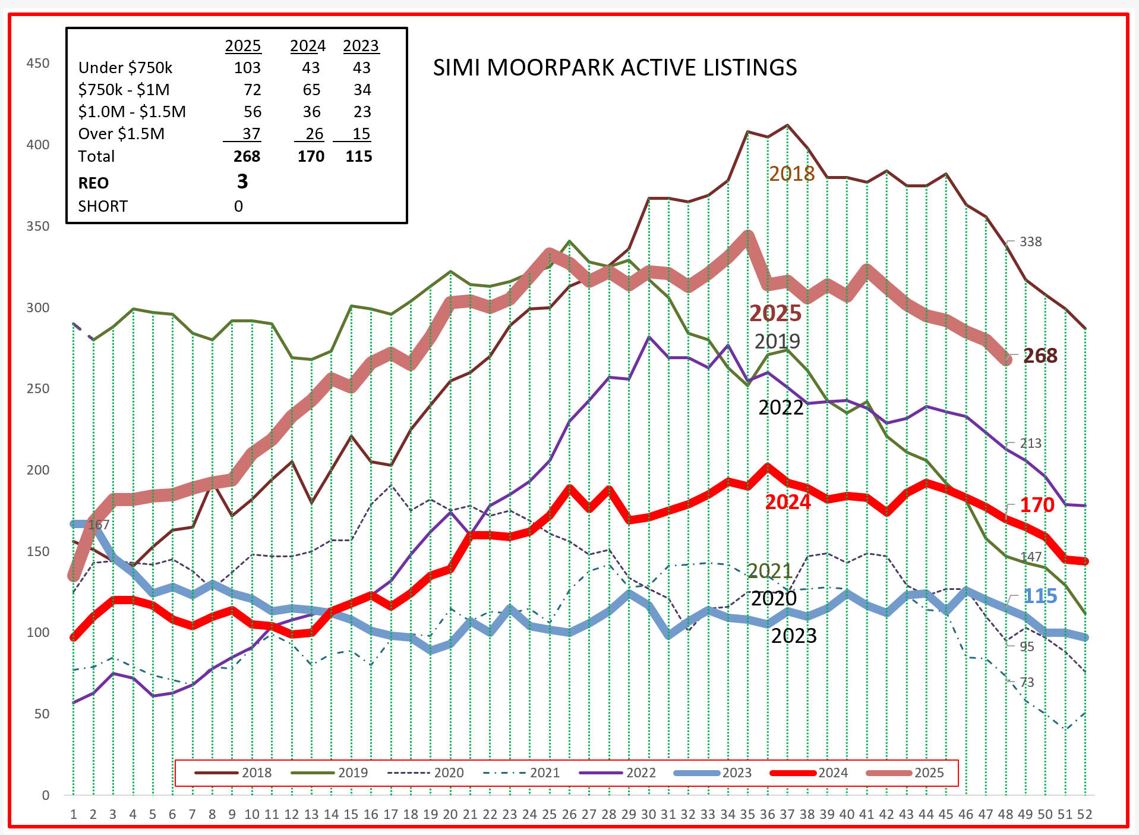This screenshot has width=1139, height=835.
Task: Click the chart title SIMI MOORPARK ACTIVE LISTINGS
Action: [614, 68]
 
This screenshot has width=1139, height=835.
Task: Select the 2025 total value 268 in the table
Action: [247, 156]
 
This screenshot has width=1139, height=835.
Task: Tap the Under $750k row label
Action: [125, 68]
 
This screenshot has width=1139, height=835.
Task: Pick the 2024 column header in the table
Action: [308, 46]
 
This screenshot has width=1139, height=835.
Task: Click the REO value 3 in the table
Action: [242, 181]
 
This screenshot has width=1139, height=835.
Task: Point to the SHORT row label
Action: [103, 206]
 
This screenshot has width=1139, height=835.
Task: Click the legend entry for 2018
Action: [233, 773]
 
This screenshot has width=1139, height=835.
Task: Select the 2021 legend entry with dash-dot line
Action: [521, 773]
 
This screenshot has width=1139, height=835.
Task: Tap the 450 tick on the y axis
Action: [38, 64]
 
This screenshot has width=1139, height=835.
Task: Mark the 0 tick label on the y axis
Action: [46, 795]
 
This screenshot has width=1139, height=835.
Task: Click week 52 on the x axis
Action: [1084, 814]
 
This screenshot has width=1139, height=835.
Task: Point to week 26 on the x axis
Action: [569, 814]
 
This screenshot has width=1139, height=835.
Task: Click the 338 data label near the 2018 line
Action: [1030, 242]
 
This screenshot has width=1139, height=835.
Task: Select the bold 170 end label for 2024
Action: [1037, 505]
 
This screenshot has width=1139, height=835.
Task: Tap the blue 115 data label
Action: [1040, 596]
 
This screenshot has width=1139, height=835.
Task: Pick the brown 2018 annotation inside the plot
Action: [791, 174]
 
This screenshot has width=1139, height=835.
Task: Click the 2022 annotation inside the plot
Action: [781, 407]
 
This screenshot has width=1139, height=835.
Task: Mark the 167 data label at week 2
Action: [99, 525]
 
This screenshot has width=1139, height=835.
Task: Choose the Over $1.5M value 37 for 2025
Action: [251, 134]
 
